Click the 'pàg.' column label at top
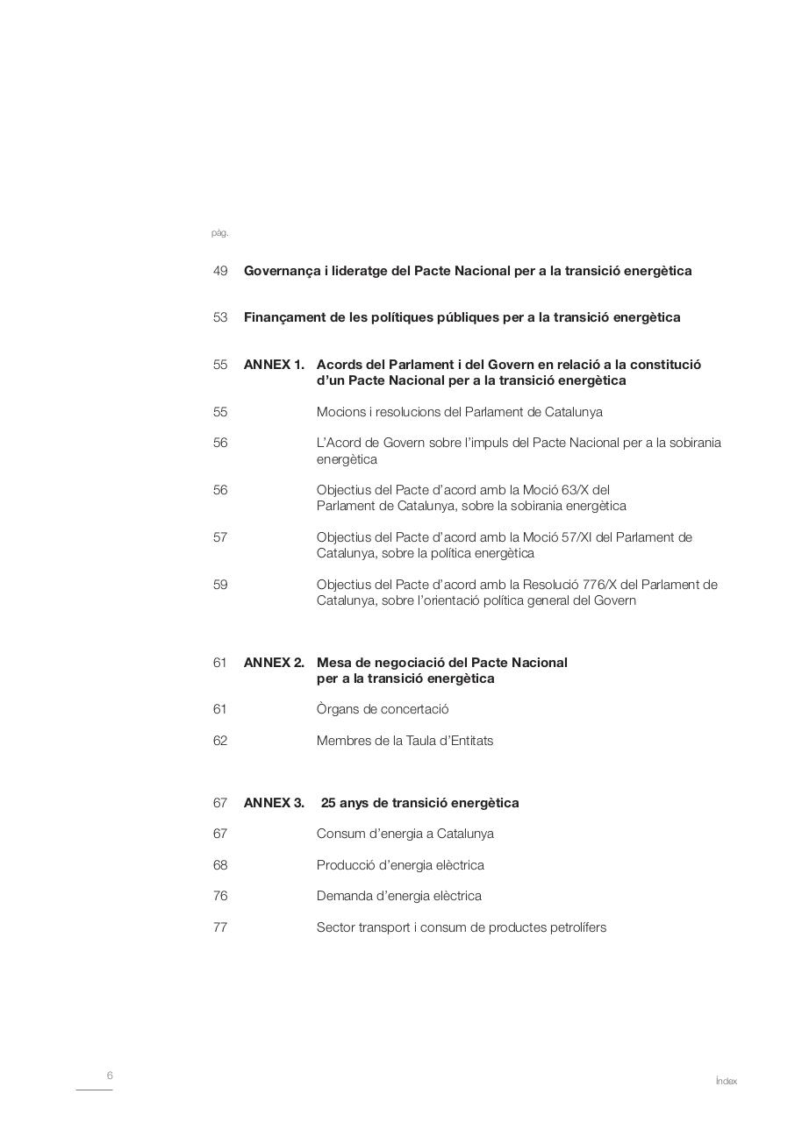[x=219, y=233]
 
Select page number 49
[x=220, y=271]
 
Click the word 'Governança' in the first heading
[x=278, y=271]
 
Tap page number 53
[x=220, y=317]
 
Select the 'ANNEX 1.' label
[x=274, y=365]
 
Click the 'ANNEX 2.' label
[x=274, y=663]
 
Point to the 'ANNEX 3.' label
[x=274, y=803]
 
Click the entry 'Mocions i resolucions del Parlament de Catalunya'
[x=459, y=412]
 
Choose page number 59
[x=220, y=585]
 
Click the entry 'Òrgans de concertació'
[x=383, y=709]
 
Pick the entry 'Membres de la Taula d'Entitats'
[x=405, y=741]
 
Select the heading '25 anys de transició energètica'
[x=419, y=803]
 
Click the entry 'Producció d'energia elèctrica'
[x=400, y=865]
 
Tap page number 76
[x=220, y=896]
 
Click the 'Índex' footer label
[x=726, y=1082]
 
